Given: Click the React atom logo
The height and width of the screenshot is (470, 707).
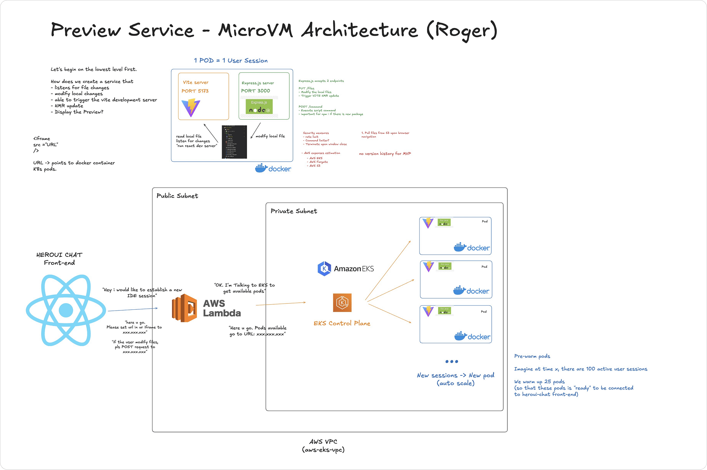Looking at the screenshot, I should [x=66, y=310].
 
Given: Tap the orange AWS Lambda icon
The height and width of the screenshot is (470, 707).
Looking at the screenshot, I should [x=184, y=308].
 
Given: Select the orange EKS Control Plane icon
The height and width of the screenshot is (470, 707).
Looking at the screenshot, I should [x=342, y=302].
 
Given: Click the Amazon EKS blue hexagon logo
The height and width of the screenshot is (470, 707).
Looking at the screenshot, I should [x=324, y=269].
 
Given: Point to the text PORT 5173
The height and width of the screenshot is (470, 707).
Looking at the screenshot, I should [x=195, y=91].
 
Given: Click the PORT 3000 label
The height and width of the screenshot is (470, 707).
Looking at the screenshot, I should [x=256, y=91].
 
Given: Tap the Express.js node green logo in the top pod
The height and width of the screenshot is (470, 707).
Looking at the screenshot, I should [x=259, y=106].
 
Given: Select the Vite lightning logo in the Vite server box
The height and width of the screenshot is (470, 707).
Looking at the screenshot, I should [x=191, y=108].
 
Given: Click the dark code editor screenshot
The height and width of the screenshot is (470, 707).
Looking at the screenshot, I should [x=234, y=142].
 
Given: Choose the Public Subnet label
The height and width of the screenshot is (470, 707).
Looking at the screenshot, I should [x=177, y=196].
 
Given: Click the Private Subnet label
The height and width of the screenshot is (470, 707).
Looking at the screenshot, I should [x=293, y=211].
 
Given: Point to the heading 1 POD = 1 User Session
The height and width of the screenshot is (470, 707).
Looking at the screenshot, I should [x=231, y=61].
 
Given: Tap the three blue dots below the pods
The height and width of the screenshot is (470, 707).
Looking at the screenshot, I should [x=451, y=361].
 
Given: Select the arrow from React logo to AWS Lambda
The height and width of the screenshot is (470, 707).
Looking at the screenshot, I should [x=133, y=309].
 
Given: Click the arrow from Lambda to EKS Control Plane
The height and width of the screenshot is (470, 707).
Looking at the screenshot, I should [x=281, y=304].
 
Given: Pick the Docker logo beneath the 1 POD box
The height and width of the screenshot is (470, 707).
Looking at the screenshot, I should [x=273, y=168].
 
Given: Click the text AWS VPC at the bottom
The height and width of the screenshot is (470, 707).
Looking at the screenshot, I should [x=323, y=442].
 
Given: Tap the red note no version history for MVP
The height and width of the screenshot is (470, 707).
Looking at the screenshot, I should [x=385, y=154].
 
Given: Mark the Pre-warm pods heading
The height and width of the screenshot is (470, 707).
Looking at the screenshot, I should [x=532, y=356].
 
